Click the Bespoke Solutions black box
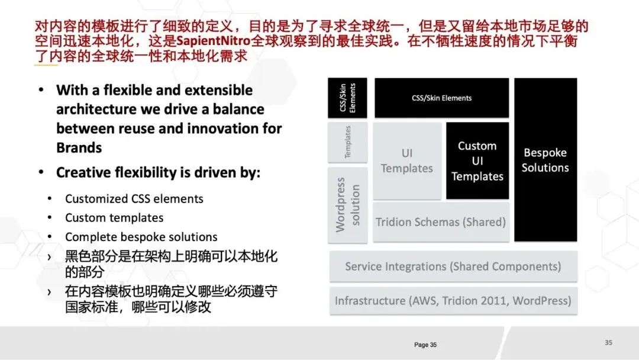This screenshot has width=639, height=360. (x=545, y=160)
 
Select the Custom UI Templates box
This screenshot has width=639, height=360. (x=477, y=161)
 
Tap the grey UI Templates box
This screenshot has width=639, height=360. (x=407, y=161)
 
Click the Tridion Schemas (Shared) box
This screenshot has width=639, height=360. (x=441, y=222)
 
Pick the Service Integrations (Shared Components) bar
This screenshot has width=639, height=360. (x=453, y=266)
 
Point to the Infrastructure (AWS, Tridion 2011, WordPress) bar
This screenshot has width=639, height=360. (x=453, y=301)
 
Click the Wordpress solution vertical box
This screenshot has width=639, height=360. (x=347, y=205)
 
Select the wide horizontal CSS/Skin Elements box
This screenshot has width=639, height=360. (x=441, y=98)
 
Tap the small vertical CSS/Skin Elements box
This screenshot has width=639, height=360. (x=347, y=98)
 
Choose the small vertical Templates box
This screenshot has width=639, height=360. (x=347, y=142)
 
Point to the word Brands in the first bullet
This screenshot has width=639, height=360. (x=79, y=147)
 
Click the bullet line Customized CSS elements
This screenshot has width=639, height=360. (x=134, y=199)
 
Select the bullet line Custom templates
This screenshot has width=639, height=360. (x=114, y=218)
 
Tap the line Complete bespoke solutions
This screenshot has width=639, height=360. (x=141, y=237)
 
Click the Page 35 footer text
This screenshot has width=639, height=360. (x=425, y=345)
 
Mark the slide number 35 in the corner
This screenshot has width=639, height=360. (x=608, y=342)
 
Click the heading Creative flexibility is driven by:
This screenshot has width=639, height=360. (x=158, y=173)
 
